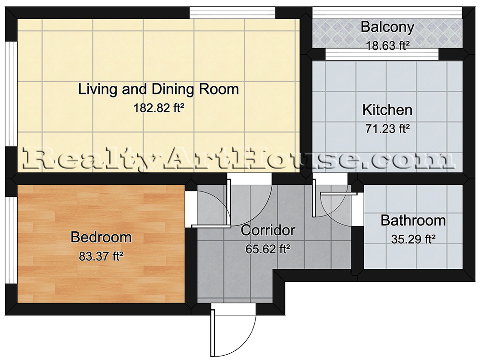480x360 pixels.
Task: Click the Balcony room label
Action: click(x=387, y=27)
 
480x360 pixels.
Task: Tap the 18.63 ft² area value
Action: click(x=388, y=46)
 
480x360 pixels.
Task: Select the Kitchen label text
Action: click(x=387, y=110)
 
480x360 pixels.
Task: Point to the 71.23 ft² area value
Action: click(x=387, y=129)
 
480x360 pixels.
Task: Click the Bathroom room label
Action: click(x=413, y=220)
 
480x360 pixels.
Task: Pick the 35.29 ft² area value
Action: click(x=413, y=239)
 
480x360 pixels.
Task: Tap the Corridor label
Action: click(x=268, y=230)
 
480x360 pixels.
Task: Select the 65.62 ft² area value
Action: click(x=268, y=249)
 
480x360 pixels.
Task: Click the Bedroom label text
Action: click(x=101, y=238)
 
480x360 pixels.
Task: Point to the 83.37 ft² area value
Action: click(x=101, y=256)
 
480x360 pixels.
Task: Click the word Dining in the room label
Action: click(x=173, y=89)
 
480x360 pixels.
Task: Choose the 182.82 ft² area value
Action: click(x=158, y=108)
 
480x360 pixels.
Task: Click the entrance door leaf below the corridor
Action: click(x=213, y=333)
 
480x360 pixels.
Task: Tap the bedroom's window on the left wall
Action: click(x=11, y=240)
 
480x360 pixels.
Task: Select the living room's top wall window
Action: click(x=232, y=13)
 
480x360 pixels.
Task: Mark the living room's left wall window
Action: click(x=11, y=94)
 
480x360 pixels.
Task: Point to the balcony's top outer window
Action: click(x=387, y=13)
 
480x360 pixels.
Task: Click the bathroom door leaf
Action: click(x=338, y=193)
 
